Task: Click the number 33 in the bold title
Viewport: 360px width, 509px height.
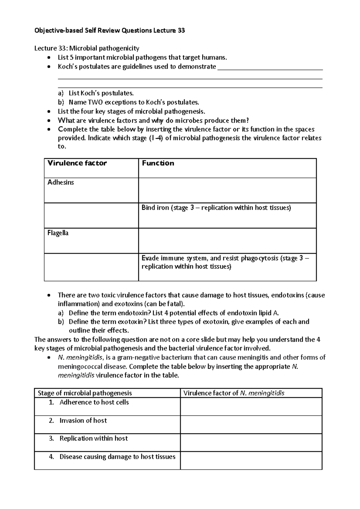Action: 181,30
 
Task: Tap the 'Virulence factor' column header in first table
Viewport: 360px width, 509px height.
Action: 77,163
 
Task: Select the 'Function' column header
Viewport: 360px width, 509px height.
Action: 158,163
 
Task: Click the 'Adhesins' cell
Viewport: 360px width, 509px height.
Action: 61,182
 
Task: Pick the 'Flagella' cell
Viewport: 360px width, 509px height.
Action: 58,233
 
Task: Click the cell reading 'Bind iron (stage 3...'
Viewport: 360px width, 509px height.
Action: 216,208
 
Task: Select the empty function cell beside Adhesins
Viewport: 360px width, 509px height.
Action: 227,190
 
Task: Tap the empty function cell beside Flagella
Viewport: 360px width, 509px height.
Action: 227,241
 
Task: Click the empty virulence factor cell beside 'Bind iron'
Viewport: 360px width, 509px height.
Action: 91,216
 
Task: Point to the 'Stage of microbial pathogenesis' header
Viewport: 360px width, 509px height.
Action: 85,393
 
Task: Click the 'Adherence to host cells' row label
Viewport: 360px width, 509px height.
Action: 94,402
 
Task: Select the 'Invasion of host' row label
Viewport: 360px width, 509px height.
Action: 83,421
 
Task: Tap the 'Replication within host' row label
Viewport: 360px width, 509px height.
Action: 94,439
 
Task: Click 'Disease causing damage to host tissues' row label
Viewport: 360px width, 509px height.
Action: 117,457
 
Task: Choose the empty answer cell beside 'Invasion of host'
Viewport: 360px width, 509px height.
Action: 251,424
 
